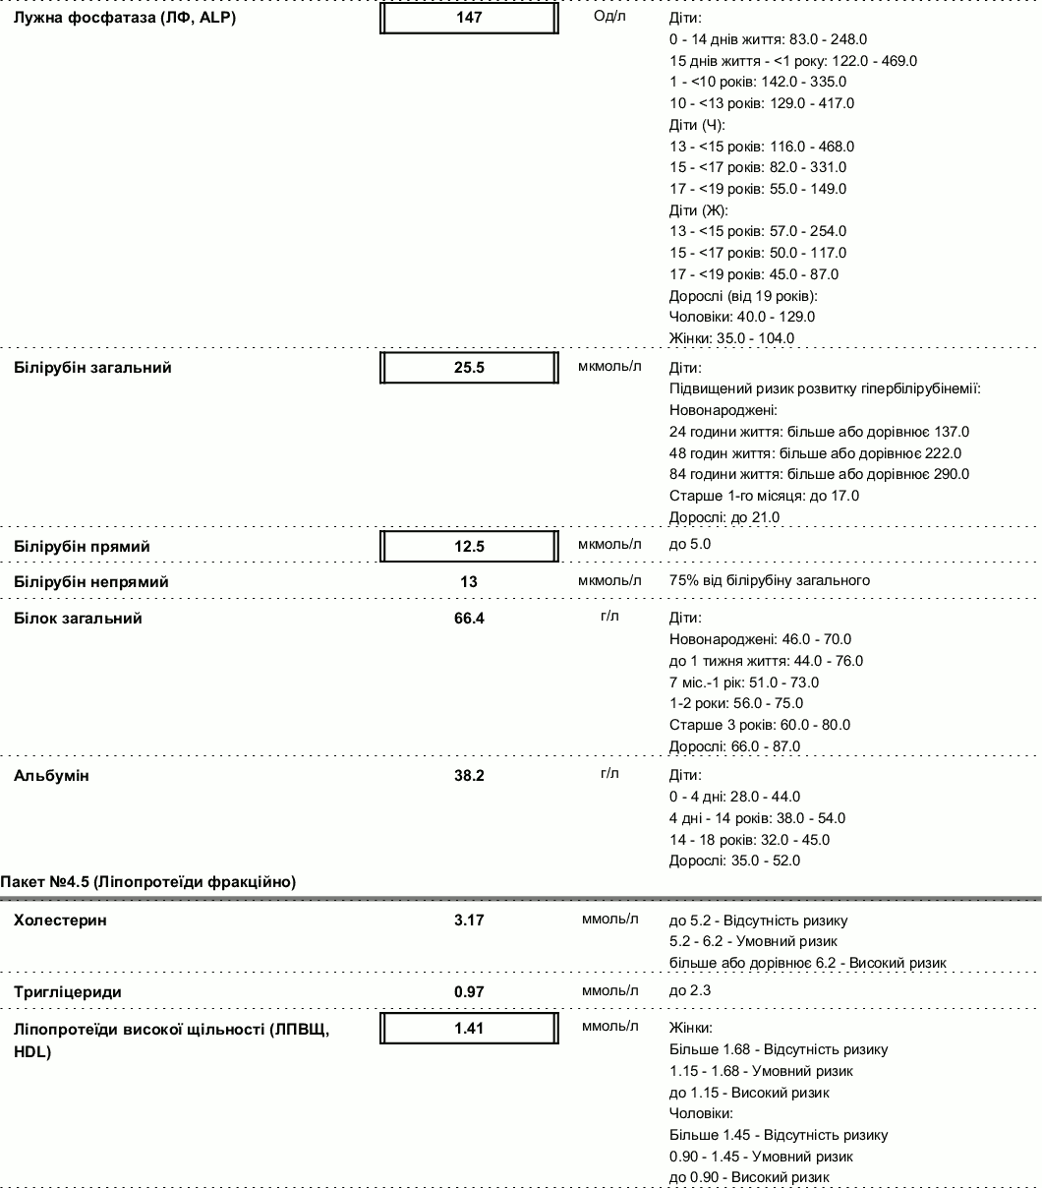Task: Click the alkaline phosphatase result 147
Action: [469, 18]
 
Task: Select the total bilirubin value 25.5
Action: [469, 368]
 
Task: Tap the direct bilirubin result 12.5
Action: [469, 546]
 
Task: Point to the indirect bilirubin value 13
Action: [469, 582]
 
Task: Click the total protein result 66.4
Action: [469, 619]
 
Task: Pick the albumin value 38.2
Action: [469, 776]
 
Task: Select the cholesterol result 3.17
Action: [469, 921]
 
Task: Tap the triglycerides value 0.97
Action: [469, 992]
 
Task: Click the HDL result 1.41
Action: [469, 1029]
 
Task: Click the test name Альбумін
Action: [51, 776]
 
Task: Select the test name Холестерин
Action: [61, 921]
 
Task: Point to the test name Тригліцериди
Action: [68, 992]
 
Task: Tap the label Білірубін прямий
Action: [82, 546]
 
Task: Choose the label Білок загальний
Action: [78, 619]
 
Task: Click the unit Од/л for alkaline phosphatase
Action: [609, 18]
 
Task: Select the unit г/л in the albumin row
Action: [609, 774]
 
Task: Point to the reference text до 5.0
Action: [690, 544]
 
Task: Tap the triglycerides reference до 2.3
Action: [690, 990]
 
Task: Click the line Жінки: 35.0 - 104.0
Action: [731, 338]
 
